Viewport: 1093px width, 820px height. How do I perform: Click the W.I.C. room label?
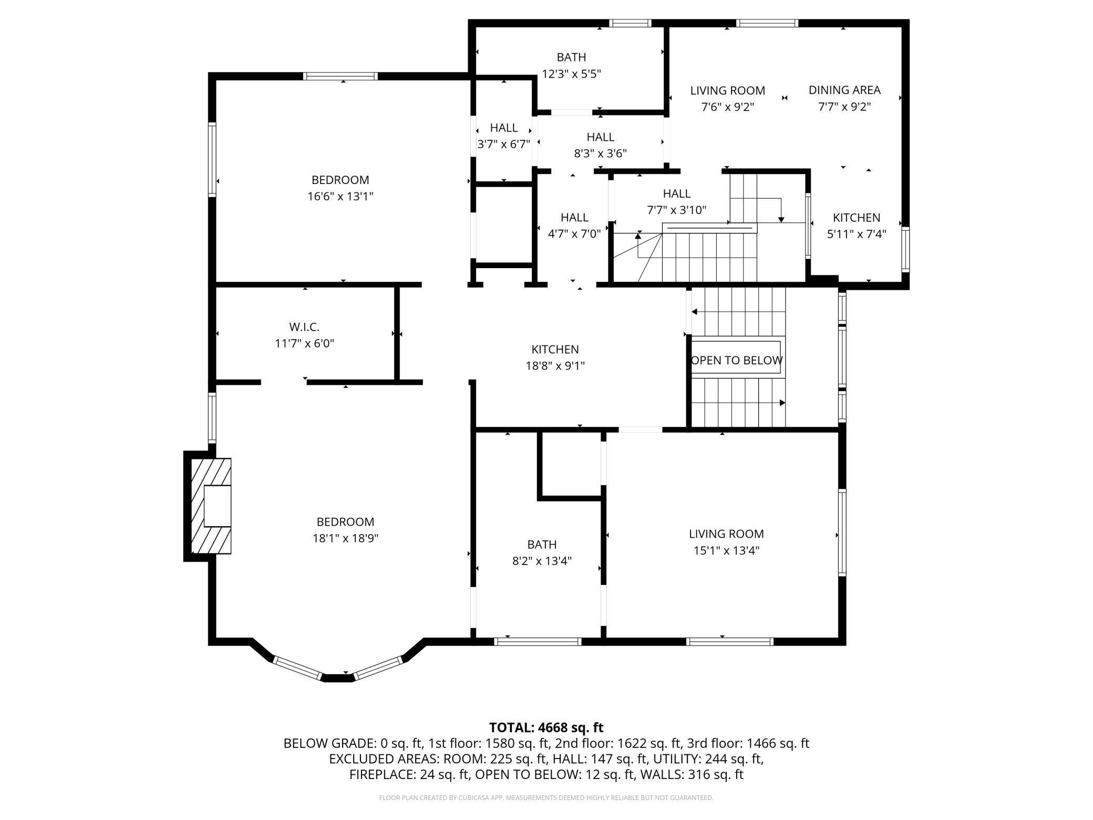304,327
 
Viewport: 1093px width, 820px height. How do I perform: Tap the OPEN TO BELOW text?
736,361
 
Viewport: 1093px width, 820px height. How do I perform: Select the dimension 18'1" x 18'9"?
345,538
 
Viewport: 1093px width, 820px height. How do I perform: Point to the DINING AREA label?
844,90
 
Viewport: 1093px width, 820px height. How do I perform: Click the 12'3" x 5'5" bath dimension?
571,74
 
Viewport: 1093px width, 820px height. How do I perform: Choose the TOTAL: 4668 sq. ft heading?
546,727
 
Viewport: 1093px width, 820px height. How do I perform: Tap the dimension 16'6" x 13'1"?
340,197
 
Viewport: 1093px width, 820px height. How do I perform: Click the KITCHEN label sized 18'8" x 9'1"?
555,350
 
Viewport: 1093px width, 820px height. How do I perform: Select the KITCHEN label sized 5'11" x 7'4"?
856,218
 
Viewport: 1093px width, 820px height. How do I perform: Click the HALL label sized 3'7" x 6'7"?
503,128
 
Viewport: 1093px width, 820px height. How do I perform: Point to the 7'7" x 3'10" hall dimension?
676,210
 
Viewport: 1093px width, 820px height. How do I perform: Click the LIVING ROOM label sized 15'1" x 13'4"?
726,534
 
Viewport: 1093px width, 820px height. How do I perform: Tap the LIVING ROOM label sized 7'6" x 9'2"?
727,90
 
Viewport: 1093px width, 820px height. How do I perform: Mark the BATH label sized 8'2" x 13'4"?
542,545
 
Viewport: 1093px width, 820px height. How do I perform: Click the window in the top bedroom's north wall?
341,76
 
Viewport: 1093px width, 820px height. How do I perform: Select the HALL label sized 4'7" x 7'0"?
574,217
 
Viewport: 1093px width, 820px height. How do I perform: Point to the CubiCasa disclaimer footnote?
546,798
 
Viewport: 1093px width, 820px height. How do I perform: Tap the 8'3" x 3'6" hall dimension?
600,153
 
